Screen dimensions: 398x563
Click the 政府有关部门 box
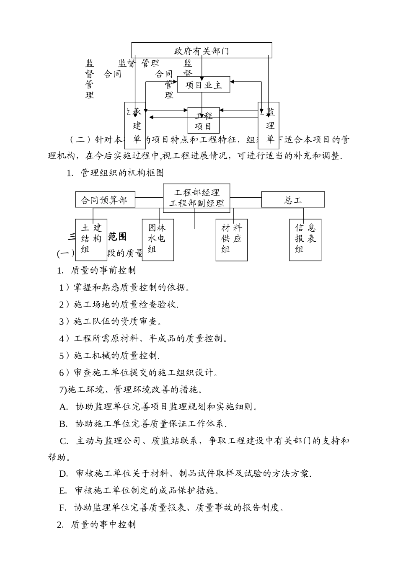[202, 51]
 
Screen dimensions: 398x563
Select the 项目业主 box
[204, 85]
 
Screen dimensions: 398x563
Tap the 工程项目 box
[204, 121]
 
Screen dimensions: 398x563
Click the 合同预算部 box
[106, 200]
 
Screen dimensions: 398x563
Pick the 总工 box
[293, 200]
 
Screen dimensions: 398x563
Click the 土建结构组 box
[91, 239]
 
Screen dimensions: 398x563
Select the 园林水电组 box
[158, 239]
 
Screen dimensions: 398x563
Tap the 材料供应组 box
[232, 239]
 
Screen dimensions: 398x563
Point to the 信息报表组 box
[305, 239]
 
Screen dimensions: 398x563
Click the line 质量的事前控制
[103, 271]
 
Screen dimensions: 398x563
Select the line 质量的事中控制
[103, 524]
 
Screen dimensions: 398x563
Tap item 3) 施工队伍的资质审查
[111, 322]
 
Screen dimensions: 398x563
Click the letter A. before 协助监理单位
[64, 407]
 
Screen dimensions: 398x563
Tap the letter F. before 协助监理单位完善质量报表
[63, 508]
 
